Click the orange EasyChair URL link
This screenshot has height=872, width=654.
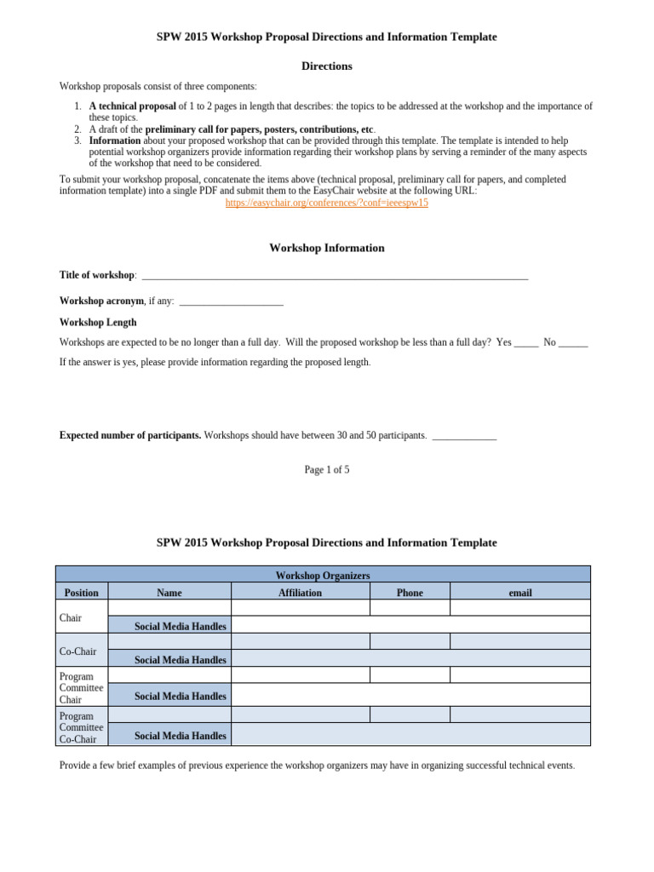coord(326,204)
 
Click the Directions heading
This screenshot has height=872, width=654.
coord(327,66)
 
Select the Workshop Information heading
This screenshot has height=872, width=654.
coord(327,248)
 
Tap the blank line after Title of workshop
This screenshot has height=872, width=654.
coord(335,277)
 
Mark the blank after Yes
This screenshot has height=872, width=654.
coord(526,343)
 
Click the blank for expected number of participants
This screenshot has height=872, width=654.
coord(464,437)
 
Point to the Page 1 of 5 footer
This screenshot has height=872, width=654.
coord(327,469)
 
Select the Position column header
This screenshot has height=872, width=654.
coord(82,593)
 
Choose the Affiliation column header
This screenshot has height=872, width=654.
coord(300,593)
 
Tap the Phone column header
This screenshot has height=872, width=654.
coord(410,593)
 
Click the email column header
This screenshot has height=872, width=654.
coord(519,593)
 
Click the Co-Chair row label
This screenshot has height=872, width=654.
coord(77,651)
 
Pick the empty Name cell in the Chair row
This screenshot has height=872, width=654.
coord(169,608)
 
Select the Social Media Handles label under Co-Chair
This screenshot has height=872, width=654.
coord(181,660)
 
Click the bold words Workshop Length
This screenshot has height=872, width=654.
coord(97,323)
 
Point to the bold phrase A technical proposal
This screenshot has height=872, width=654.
coord(133,106)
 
